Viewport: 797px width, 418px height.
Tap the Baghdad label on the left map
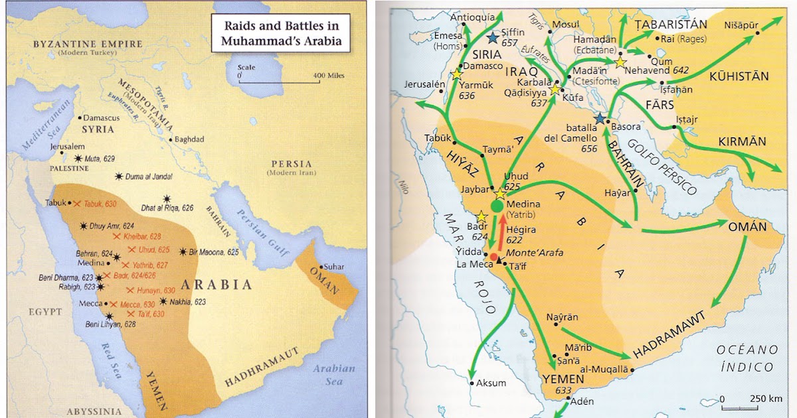190,139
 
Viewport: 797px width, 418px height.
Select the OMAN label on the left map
324,274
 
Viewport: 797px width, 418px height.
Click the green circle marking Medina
497,206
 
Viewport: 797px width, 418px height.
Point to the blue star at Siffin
492,39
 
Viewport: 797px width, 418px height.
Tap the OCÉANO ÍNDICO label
745,358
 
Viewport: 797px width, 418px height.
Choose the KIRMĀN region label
742,141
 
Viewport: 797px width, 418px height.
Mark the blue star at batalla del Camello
600,118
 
